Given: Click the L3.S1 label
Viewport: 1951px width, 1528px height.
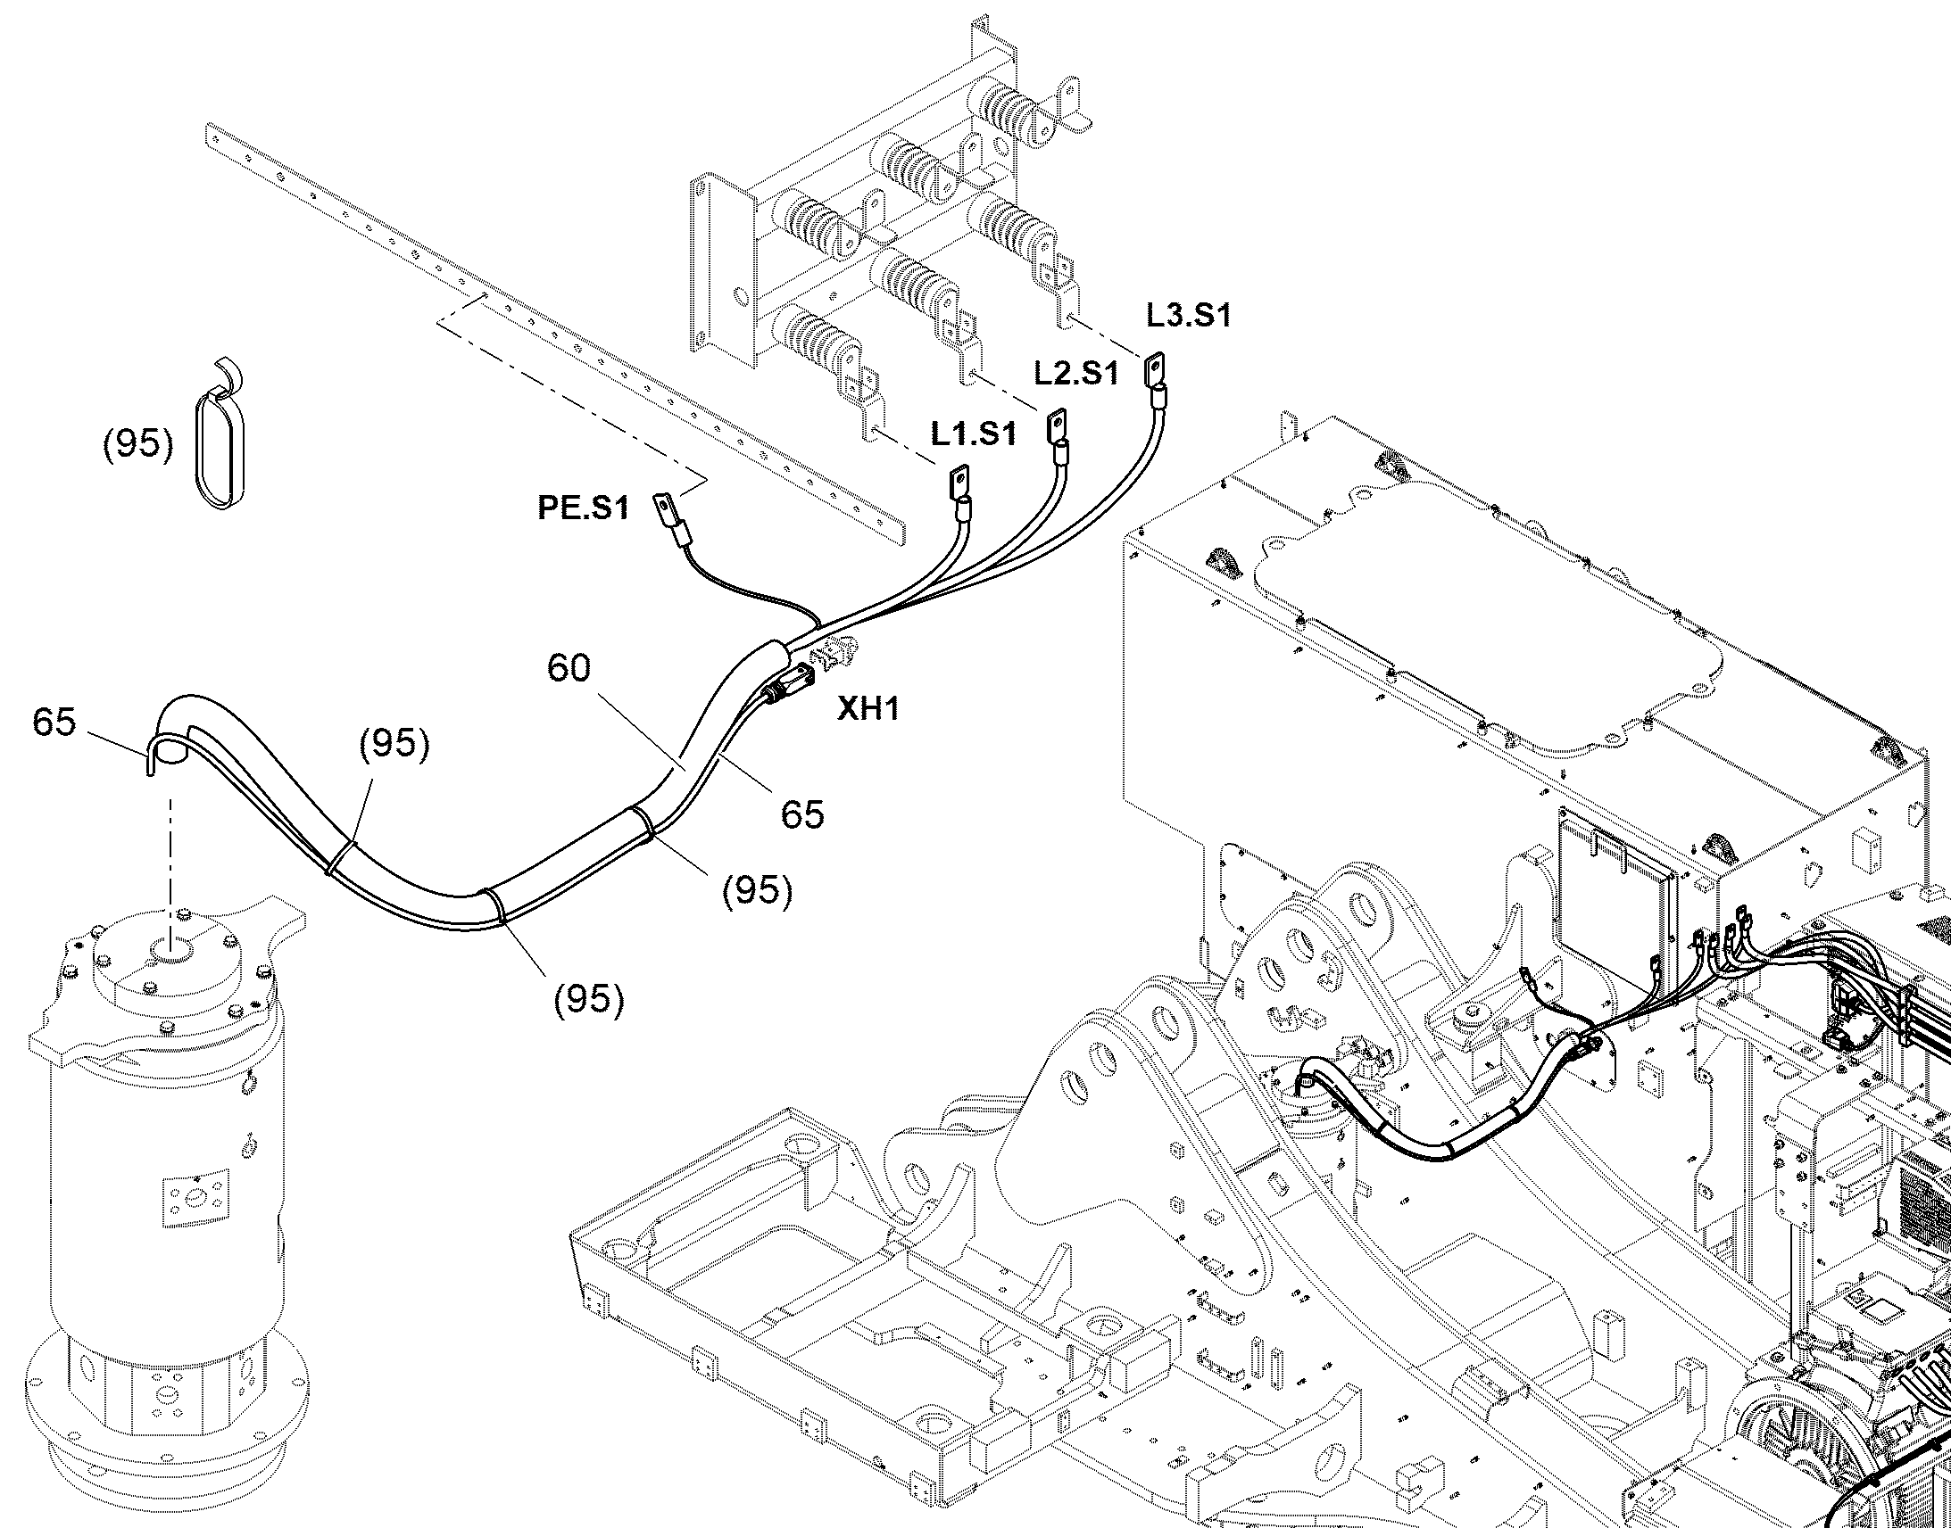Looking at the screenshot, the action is [1190, 315].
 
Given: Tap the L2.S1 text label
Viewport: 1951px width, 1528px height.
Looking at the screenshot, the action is [1076, 373].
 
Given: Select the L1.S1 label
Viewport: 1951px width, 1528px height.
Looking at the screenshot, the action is [974, 434].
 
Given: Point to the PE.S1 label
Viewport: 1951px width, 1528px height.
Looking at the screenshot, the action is [583, 508].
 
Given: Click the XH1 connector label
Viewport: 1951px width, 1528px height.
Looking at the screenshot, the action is [868, 709].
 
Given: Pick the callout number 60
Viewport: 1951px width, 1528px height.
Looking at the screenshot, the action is [569, 667].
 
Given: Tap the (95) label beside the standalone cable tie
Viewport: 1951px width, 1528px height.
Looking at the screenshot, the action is [137, 443].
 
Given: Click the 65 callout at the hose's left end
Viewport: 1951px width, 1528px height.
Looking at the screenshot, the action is [54, 722].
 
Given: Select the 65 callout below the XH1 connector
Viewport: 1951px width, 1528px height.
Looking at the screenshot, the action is [801, 814].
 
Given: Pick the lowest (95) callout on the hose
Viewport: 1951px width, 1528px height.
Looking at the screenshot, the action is [589, 999].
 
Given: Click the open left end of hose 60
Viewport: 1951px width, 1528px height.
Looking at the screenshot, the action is [170, 752].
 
